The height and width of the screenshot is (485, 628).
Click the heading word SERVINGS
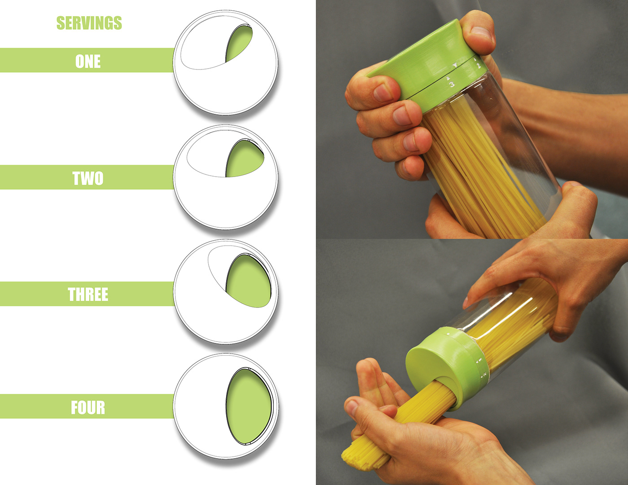coord(89,23)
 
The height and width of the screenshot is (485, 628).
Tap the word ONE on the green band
coord(88,61)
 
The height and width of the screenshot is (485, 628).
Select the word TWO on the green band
coord(87,178)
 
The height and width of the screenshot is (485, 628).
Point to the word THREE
coord(88,294)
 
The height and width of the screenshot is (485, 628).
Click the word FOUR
coord(88,407)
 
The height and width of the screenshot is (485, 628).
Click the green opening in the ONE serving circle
coord(239,44)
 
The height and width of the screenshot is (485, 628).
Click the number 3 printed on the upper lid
coord(452,84)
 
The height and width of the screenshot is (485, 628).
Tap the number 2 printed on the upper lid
coord(478,66)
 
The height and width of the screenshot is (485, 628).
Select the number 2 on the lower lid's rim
coord(484,374)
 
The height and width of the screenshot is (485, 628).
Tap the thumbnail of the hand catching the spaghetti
coord(352,407)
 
